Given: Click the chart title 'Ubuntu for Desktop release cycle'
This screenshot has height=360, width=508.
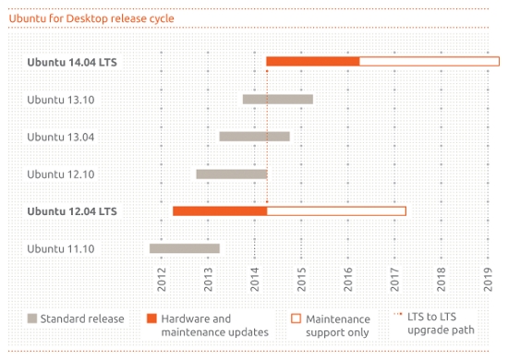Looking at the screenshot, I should (x=91, y=18).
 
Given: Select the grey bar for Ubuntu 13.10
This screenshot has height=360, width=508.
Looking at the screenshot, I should (x=277, y=99).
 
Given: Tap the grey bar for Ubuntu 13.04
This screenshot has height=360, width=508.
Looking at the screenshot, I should (x=254, y=137).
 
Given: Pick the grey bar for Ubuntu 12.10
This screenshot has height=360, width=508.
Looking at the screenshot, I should (x=231, y=174).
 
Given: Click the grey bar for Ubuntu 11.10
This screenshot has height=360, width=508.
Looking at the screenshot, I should (x=184, y=247).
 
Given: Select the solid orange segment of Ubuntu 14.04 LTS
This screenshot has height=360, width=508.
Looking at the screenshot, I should (x=312, y=62).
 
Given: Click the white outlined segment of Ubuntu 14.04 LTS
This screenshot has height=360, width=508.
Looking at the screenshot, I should (x=429, y=62).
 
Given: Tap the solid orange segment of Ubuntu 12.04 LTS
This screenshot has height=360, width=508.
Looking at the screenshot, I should (x=219, y=210).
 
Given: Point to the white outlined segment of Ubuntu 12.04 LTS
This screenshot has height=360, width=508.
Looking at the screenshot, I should (x=336, y=210).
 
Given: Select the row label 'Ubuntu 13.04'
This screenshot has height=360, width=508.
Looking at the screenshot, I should (x=61, y=137).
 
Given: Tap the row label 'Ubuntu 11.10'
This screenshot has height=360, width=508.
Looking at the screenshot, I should (x=61, y=248).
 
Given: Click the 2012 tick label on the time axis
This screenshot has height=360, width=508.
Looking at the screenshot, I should (x=162, y=277).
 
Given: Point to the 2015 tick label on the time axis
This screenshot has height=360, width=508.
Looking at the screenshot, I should (x=302, y=277).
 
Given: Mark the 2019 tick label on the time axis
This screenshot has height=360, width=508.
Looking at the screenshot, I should (x=489, y=277).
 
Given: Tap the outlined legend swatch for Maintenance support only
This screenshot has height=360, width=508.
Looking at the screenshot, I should (x=296, y=318).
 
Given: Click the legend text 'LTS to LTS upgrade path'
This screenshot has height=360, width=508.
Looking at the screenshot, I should (x=441, y=325).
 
